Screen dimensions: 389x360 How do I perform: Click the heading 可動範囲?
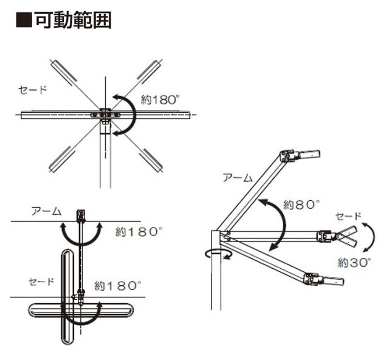coord(74,20)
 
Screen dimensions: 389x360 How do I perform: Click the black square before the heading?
coord(24,20)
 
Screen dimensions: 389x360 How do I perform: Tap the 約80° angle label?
coord(301,205)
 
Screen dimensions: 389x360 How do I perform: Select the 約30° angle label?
coord(355,262)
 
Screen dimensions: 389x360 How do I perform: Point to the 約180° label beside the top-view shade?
coord(160,100)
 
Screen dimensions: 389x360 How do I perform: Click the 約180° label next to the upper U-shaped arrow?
coord(140,232)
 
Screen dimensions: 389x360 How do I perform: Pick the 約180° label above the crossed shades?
coord(119,286)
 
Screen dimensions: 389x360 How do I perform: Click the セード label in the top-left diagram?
coord(33,89)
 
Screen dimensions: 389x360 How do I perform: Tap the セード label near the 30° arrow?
coord(348,216)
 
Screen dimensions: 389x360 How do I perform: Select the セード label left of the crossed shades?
coord(41,282)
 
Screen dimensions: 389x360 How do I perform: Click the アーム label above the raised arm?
coord(238,178)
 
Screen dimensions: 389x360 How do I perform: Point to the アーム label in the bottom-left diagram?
coord(46,211)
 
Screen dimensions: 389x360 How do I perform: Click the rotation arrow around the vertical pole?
coord(218,254)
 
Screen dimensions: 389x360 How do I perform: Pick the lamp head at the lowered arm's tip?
coord(325,279)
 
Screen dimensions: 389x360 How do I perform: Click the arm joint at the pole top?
coord(225,236)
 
